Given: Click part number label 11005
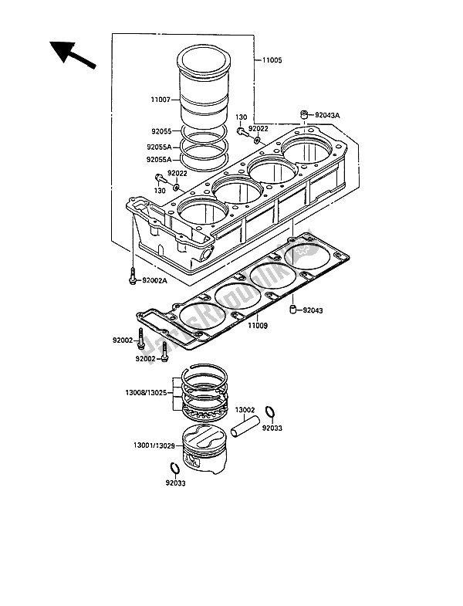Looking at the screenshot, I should coord(272,59).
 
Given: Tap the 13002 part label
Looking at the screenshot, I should coord(245,409).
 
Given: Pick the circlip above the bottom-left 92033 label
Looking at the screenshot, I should coord(174,469).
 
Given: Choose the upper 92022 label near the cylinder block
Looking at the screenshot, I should coord(258,128).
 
